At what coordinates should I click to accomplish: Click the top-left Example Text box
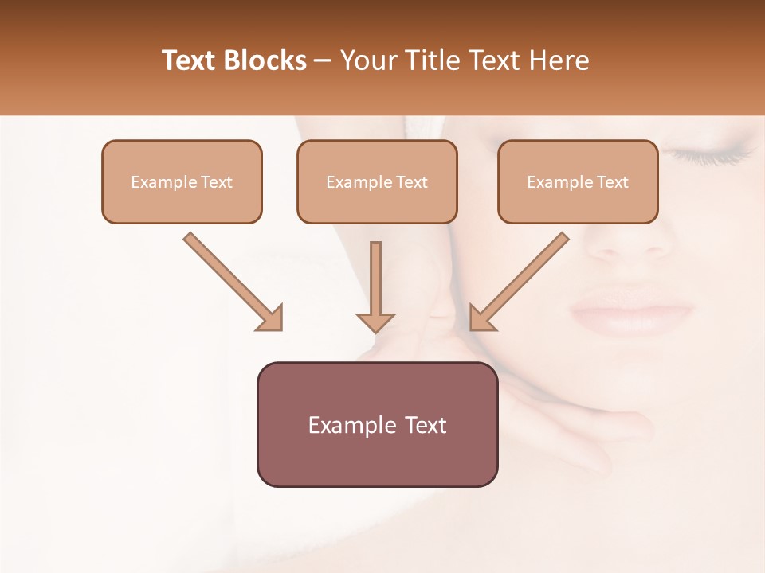tap(182, 182)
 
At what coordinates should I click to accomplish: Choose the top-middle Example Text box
tap(377, 182)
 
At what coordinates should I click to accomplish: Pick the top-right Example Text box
tap(578, 182)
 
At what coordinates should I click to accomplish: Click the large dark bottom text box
tap(377, 424)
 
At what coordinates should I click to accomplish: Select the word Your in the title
tap(368, 60)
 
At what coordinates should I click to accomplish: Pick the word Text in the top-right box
tap(612, 182)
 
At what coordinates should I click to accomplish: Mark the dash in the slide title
tap(323, 60)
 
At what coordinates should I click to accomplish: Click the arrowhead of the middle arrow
tap(375, 322)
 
